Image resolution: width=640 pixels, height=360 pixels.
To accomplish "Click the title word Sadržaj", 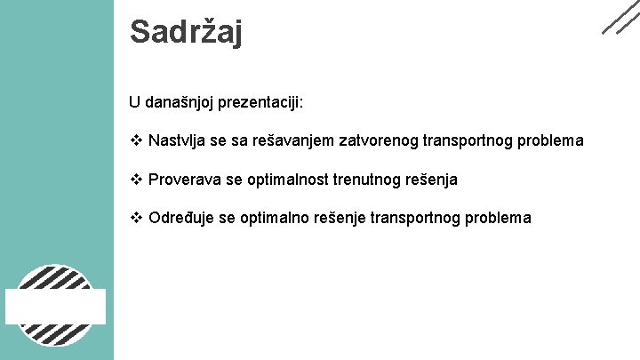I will click(186, 32).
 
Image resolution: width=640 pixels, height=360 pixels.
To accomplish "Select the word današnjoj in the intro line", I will click(180, 102).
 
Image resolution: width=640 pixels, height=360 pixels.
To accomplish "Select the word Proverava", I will click(185, 180).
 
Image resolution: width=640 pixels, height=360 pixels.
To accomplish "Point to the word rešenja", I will click(433, 180).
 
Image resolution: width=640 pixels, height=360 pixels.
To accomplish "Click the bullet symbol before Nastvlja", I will click(136, 140).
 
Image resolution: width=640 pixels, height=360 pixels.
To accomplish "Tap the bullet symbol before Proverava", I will click(136, 180).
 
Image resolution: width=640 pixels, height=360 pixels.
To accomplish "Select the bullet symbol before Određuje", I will click(136, 219).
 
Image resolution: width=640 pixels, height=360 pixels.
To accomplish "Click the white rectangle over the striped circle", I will click(56, 306).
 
